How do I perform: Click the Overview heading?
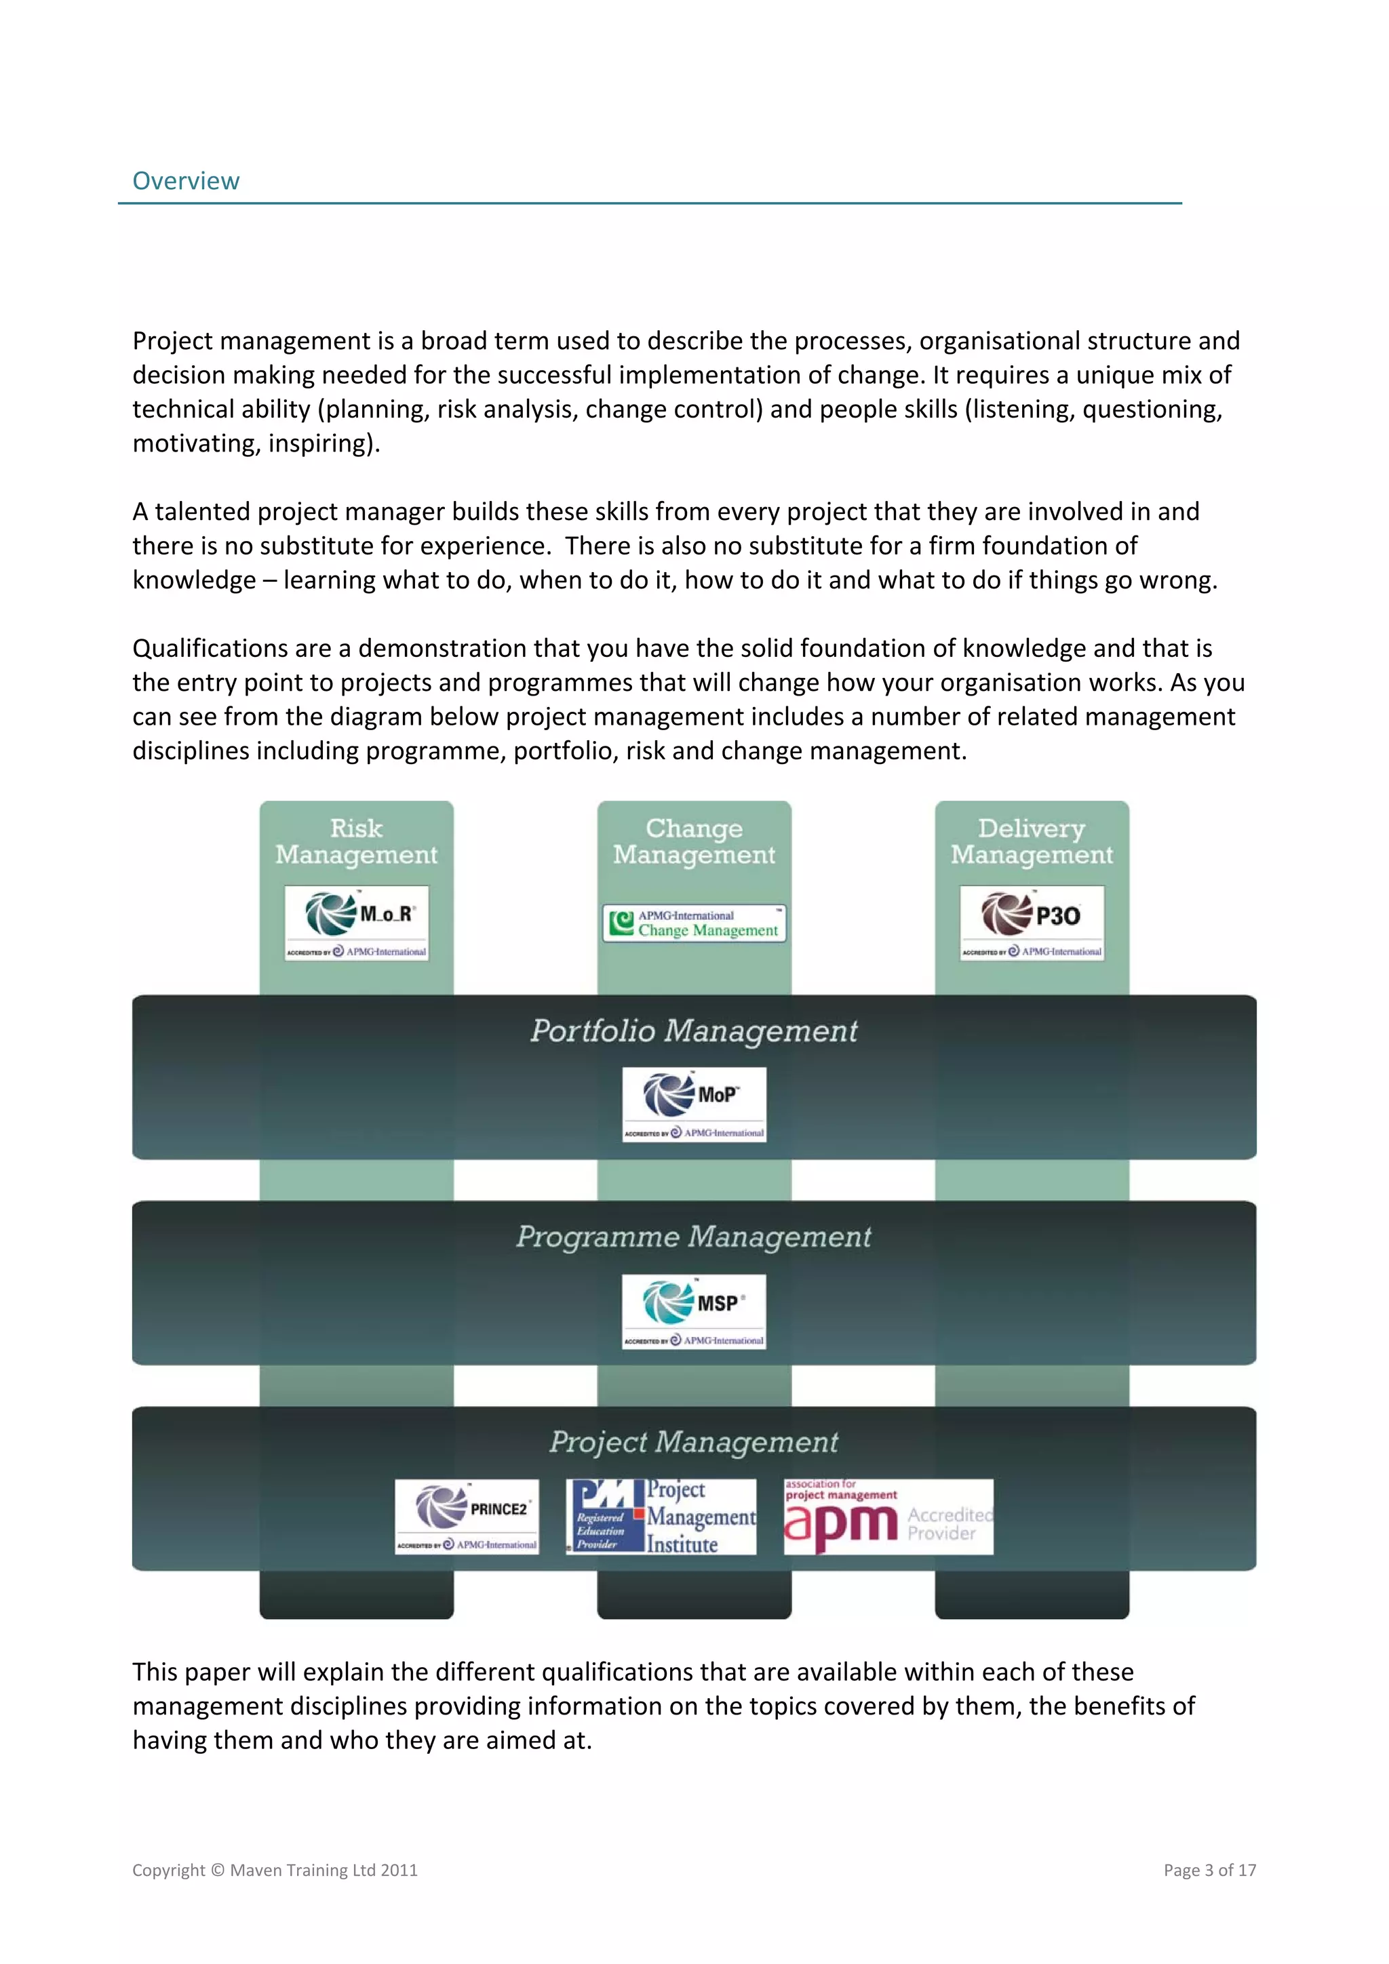coord(186,181)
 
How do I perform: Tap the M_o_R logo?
coord(356,923)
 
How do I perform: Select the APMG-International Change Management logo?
coord(694,923)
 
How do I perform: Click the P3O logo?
coord(1032,923)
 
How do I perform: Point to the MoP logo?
coord(694,1104)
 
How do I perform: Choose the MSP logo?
coord(694,1311)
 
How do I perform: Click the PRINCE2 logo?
coord(467,1517)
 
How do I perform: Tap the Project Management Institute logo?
coord(661,1517)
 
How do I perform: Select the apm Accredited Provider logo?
coord(888,1517)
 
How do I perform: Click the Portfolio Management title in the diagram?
coord(694,1030)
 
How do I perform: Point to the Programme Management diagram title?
coord(694,1237)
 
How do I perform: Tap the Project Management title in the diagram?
coord(694,1442)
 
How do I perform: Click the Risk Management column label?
coord(356,842)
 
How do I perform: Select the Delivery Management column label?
coord(1032,842)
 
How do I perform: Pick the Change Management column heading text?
coord(694,842)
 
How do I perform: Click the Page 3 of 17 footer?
coord(1209,1870)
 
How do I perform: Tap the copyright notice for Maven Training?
coord(275,1870)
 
